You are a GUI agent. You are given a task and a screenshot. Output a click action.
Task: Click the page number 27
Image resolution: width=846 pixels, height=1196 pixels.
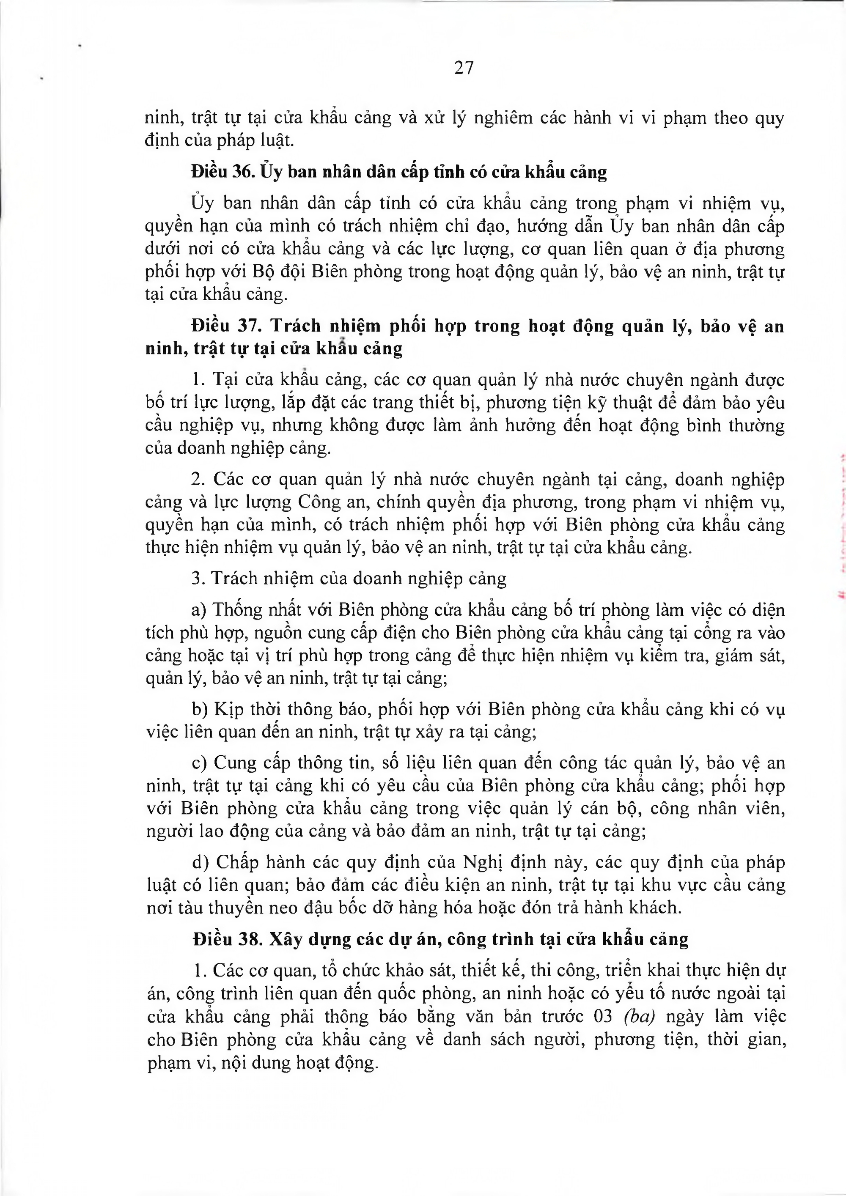[x=464, y=68]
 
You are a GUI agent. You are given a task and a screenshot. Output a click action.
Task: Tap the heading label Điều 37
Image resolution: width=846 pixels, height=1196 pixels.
[x=225, y=326]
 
